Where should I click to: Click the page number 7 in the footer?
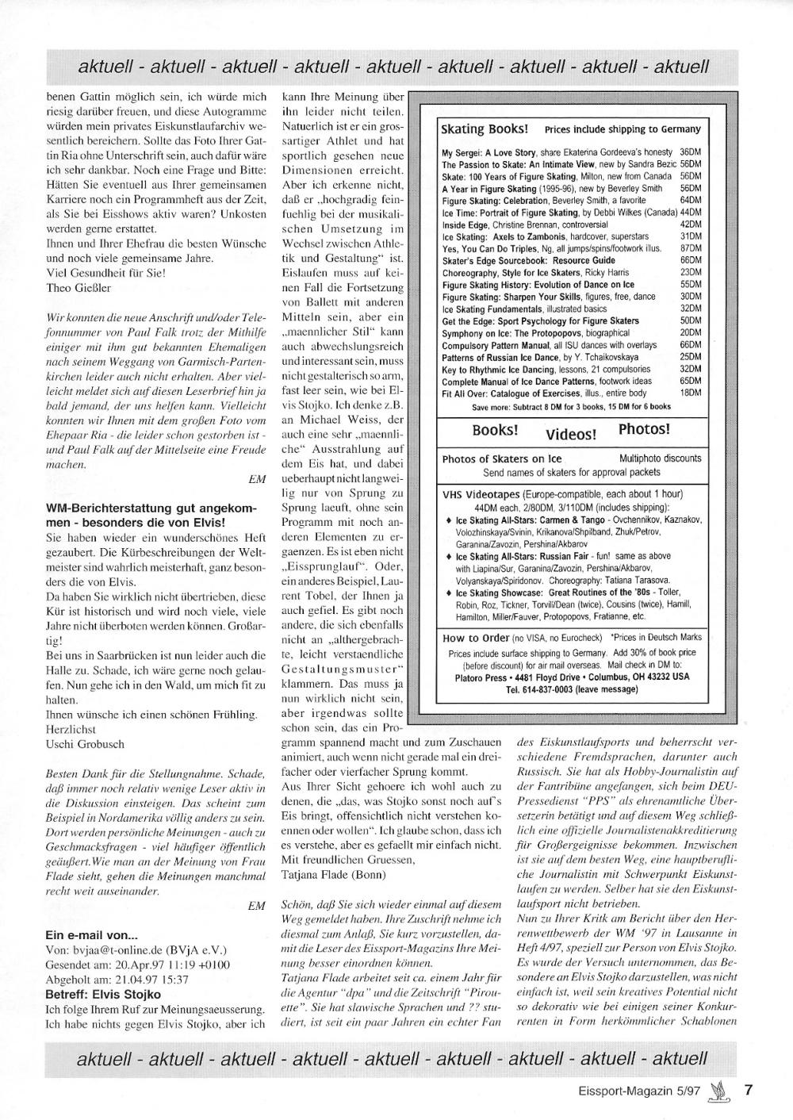click(x=747, y=1089)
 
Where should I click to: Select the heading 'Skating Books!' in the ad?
click(x=485, y=128)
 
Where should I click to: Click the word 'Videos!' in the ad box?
click(x=571, y=434)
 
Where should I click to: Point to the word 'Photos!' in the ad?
click(x=644, y=429)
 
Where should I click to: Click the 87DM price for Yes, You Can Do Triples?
click(x=691, y=248)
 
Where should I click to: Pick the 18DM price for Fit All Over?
click(x=691, y=393)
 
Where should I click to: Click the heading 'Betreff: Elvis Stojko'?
click(x=103, y=994)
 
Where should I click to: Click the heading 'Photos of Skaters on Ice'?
click(x=501, y=458)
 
